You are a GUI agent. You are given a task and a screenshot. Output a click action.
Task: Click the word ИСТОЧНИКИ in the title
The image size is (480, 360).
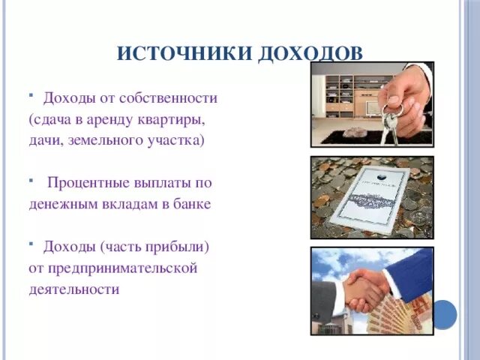tap(185, 53)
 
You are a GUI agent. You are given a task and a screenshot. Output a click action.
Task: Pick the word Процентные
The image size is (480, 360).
tap(88, 182)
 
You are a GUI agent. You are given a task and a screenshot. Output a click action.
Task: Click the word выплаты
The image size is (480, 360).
tap(165, 182)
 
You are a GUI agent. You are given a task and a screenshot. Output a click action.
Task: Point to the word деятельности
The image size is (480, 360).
tap(74, 289)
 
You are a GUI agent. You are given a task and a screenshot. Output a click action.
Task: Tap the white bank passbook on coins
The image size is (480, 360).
tap(370, 197)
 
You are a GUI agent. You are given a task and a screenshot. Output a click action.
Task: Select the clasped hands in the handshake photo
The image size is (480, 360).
tap(365, 288)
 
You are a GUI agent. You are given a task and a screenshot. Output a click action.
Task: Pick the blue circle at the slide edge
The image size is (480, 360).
tap(444, 313)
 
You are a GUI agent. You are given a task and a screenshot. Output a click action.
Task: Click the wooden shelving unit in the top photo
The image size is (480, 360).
tap(347, 94)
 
